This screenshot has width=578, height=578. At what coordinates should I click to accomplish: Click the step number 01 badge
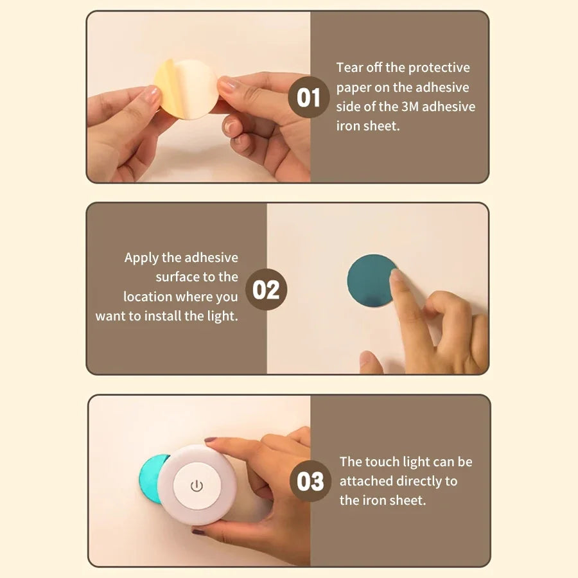click(x=308, y=98)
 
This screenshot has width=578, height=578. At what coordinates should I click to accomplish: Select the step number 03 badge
click(x=311, y=481)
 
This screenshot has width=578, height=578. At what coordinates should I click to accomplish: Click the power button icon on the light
click(x=197, y=486)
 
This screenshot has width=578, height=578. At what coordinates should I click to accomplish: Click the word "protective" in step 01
click(x=439, y=67)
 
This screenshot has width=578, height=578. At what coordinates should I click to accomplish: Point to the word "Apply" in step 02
click(x=141, y=258)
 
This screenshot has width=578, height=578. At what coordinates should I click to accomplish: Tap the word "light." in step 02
click(x=222, y=316)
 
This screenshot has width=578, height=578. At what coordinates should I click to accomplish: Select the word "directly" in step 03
click(x=421, y=480)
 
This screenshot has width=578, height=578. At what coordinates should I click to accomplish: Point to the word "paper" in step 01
click(x=354, y=87)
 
